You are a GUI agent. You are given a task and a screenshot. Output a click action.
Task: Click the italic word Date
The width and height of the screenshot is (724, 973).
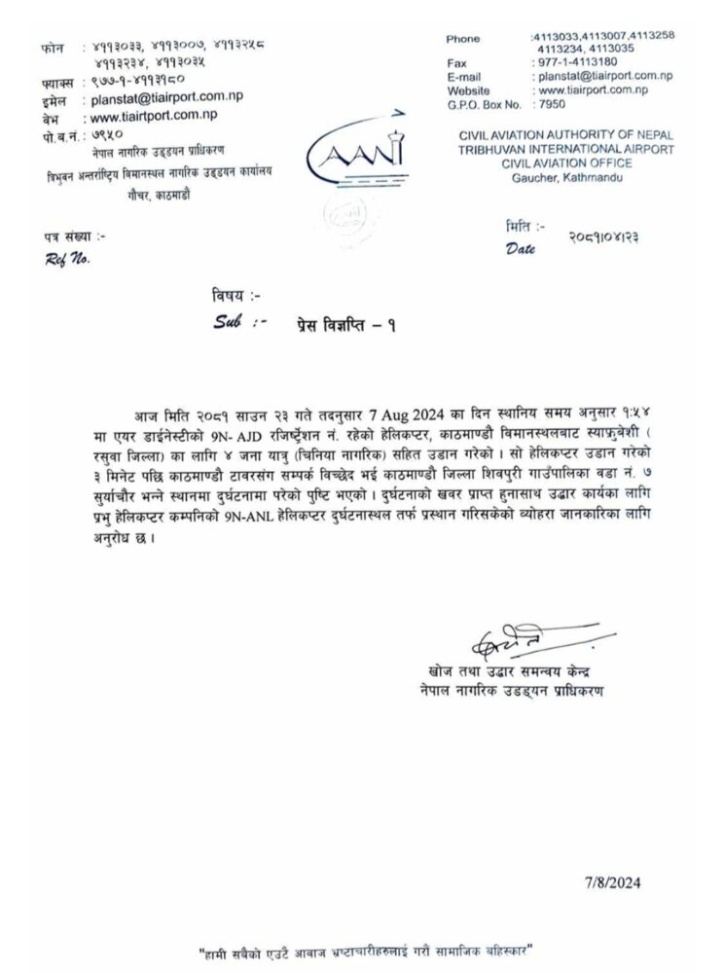(521, 249)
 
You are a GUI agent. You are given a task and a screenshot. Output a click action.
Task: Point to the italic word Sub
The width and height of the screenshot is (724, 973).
(227, 320)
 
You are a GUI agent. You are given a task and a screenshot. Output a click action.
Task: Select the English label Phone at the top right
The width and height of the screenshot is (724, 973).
(463, 38)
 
